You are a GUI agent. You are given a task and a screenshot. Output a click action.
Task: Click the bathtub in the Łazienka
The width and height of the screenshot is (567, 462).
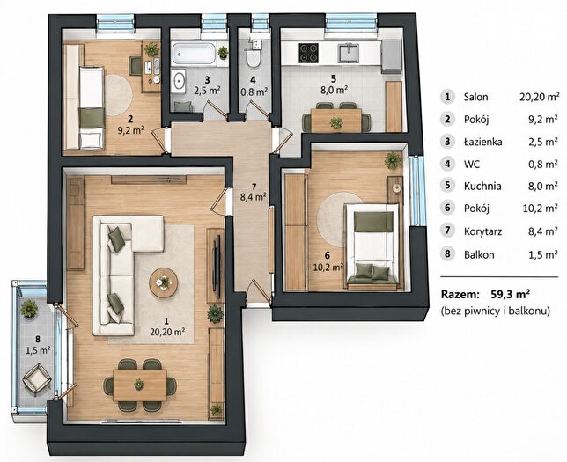(194, 54)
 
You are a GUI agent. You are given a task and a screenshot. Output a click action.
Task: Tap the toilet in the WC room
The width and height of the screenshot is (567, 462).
(254, 57)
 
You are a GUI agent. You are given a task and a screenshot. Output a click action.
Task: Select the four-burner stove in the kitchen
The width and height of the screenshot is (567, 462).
(308, 53)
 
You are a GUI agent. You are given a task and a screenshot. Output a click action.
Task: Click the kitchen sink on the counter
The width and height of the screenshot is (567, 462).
(349, 53)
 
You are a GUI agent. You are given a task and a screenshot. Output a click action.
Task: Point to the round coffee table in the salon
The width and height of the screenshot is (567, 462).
(164, 282)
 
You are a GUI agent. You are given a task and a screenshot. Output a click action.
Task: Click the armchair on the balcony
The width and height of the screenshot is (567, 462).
(36, 378)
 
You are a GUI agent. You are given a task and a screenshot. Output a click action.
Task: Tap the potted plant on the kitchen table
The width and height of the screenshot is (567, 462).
(336, 123)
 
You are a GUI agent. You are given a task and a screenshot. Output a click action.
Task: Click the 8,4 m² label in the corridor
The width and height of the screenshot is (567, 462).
(254, 196)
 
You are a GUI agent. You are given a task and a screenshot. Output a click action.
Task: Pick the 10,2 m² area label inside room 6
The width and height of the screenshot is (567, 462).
(328, 267)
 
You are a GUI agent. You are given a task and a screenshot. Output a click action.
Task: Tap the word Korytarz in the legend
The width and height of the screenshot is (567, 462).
(483, 231)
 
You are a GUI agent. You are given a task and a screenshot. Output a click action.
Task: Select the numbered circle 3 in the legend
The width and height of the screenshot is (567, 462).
(447, 142)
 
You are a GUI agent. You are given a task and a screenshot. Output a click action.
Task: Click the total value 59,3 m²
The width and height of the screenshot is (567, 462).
(511, 294)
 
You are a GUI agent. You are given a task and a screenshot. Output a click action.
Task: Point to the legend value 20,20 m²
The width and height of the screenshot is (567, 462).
(539, 97)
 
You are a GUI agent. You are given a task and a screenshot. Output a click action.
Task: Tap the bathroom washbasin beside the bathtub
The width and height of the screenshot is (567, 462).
(179, 80)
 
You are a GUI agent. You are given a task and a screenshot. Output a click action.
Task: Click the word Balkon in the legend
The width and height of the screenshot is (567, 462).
(479, 254)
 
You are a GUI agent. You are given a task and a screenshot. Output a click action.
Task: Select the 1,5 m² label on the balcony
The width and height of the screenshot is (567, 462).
(38, 349)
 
